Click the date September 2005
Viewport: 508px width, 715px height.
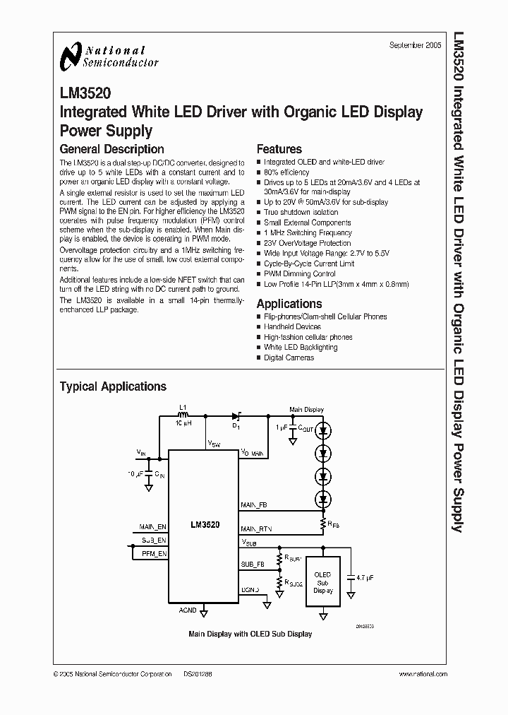(416, 45)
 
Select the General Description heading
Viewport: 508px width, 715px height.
(111, 149)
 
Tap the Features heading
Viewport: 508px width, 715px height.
(279, 149)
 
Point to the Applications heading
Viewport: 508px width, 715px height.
(289, 303)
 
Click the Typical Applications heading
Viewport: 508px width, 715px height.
(113, 386)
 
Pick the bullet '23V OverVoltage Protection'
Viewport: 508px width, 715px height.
(307, 243)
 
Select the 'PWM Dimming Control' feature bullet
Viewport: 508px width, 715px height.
(299, 273)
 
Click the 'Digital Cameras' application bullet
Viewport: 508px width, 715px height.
(289, 357)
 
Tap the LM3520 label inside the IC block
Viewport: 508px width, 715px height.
(205, 525)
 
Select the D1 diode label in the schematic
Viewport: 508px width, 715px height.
(237, 427)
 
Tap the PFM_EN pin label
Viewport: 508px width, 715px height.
(154, 554)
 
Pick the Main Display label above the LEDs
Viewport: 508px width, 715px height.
(306, 410)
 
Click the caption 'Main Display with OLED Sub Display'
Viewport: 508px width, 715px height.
(250, 634)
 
